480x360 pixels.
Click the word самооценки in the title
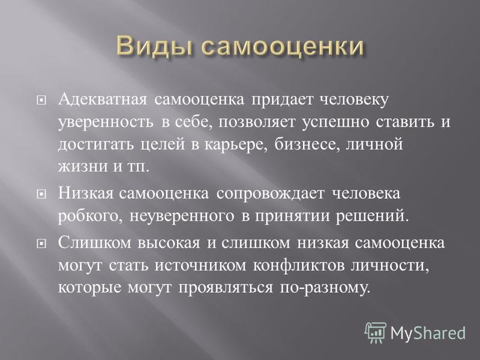click(x=283, y=47)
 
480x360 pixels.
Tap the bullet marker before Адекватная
click(x=41, y=100)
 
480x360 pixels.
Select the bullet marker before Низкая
click(x=41, y=194)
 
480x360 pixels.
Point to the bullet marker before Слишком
click(x=41, y=244)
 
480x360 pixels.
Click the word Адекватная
click(x=103, y=100)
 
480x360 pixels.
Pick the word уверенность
click(x=106, y=122)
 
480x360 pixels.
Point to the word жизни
click(x=83, y=167)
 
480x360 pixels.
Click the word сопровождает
click(x=271, y=194)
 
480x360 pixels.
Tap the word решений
click(x=373, y=216)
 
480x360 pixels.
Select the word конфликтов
click(x=299, y=265)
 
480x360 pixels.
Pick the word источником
click(x=200, y=266)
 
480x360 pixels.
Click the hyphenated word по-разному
click(x=325, y=288)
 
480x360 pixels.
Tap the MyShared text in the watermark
click(x=428, y=333)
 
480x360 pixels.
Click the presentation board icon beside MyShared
click(x=376, y=332)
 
